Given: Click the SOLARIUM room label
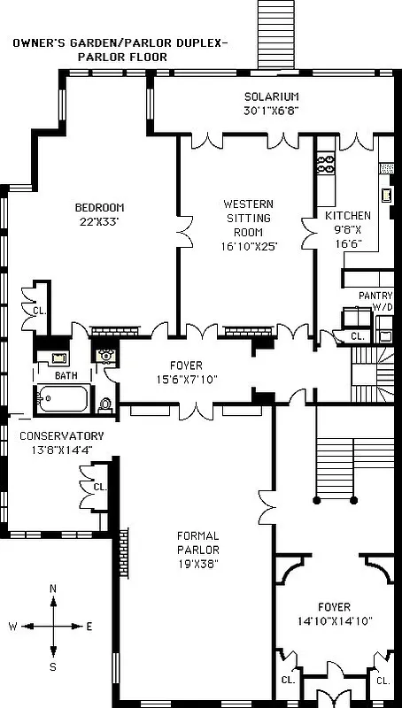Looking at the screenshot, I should coord(272,96).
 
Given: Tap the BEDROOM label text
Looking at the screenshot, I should coord(98,208).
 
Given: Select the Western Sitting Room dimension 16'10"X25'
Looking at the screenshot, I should coord(248,247).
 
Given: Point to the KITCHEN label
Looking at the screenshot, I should coord(348,216).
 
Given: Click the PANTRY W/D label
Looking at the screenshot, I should coord(375,300).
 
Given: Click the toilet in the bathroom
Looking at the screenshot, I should coord(104,404).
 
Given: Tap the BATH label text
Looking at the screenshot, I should coord(66,375).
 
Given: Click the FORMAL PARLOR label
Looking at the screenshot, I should coord(197,543).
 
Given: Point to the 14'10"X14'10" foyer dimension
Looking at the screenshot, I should coord(334,621).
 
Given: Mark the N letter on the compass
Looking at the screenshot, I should coord(53,589).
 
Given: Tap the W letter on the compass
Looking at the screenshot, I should coord(13,627).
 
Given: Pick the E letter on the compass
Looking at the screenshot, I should coord(89,627).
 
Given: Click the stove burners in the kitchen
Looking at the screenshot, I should coord(325,165).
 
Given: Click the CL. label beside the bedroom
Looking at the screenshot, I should coord(39,311).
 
